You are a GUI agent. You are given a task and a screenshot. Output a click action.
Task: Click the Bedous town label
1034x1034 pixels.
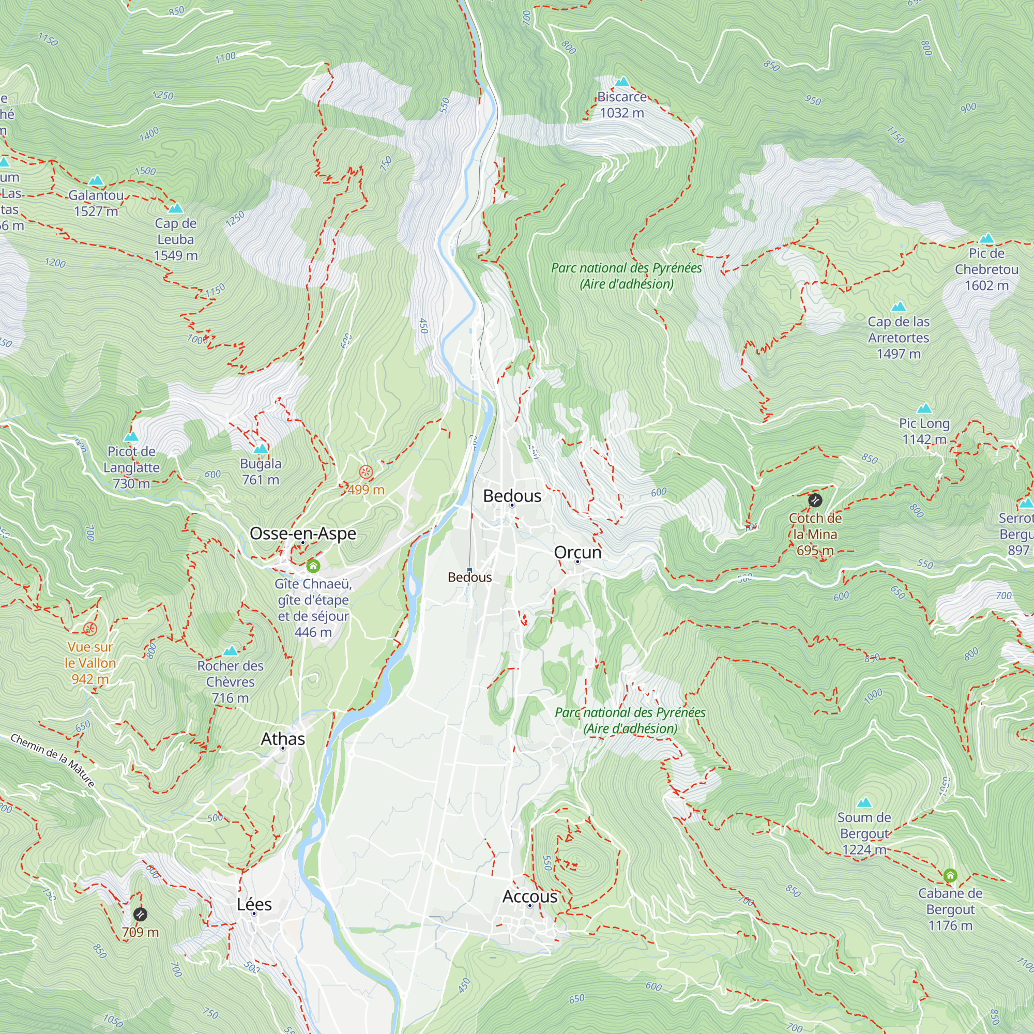click(x=512, y=496)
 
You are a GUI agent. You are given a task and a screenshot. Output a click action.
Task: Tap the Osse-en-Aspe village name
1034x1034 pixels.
click(x=303, y=533)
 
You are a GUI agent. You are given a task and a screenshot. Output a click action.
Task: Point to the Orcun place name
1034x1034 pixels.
click(x=577, y=552)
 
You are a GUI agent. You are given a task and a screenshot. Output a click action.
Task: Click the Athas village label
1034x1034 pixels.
click(x=283, y=739)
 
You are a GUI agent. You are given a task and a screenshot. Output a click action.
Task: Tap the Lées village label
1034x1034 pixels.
click(x=254, y=904)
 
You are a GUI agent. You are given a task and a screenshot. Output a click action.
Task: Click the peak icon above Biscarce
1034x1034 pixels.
click(x=621, y=82)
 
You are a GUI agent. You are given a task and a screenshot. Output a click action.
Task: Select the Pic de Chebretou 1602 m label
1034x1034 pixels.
click(x=986, y=269)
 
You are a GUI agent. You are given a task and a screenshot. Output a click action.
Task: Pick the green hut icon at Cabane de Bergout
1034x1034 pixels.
click(x=950, y=875)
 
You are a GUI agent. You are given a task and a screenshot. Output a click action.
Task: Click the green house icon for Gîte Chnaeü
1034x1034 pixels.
click(x=313, y=566)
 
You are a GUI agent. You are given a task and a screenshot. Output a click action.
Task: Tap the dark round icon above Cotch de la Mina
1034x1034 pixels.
click(x=815, y=500)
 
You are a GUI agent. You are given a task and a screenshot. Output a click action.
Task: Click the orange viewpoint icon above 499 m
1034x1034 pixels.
click(x=366, y=472)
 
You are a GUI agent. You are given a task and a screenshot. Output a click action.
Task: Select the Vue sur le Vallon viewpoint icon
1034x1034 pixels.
click(x=90, y=628)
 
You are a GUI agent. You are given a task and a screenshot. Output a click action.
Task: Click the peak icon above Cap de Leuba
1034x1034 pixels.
click(x=176, y=208)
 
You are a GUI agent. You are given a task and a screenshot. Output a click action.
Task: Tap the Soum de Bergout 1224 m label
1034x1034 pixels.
click(x=864, y=833)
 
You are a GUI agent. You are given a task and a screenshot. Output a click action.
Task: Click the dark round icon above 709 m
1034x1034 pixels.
click(x=140, y=914)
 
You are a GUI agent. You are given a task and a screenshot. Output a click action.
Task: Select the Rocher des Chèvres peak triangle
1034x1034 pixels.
click(x=230, y=651)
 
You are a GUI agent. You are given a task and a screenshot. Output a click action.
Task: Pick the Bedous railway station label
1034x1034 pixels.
click(x=469, y=577)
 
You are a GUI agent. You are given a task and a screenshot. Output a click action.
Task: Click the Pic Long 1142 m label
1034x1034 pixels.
click(x=924, y=431)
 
